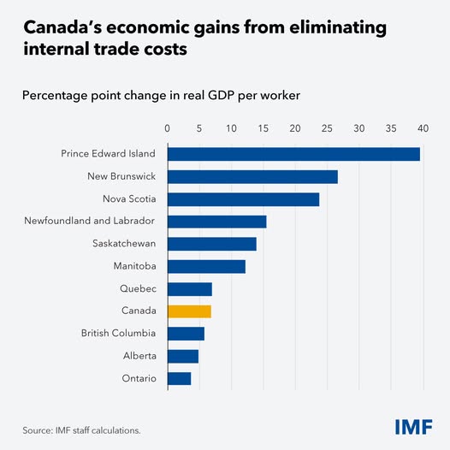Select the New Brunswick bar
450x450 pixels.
252,176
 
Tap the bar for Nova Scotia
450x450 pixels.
243,199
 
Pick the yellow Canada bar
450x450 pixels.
189,311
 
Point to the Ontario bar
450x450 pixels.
179,378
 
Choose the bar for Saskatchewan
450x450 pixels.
211,244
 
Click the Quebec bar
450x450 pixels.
189,289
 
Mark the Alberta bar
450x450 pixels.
183,356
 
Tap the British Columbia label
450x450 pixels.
118,334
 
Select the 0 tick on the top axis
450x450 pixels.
168,128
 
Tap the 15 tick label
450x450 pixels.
263,128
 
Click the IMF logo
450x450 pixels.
414,426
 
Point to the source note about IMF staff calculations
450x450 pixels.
81,429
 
